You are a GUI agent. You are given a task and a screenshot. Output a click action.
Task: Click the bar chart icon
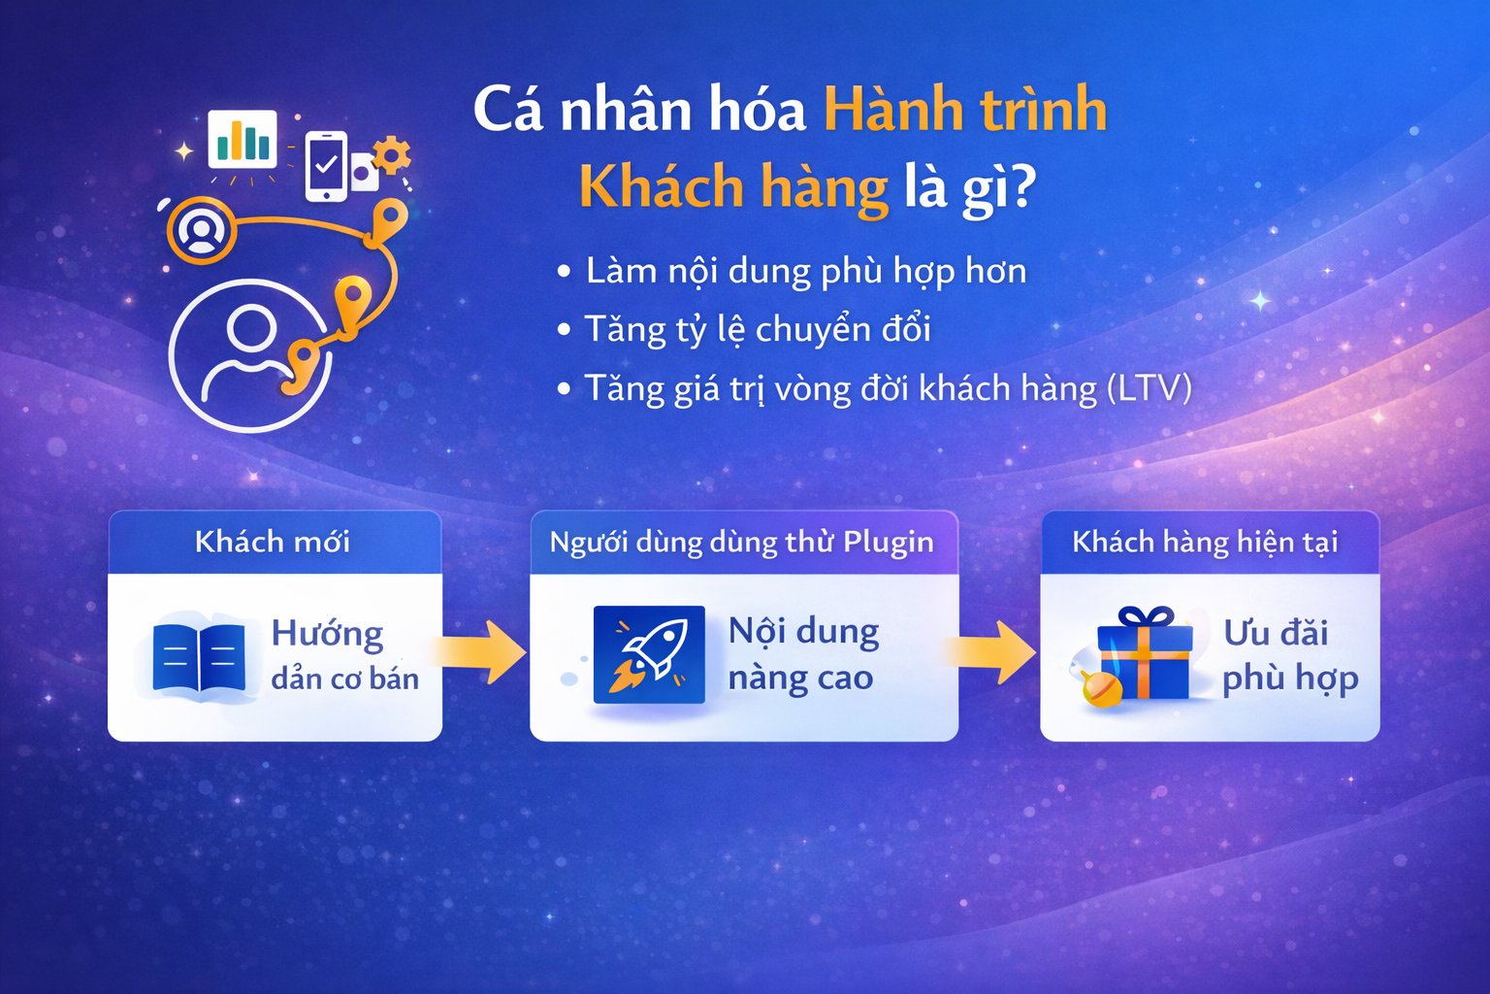pyautogui.click(x=243, y=140)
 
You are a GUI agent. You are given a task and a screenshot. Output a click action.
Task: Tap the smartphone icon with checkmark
pyautogui.click(x=327, y=166)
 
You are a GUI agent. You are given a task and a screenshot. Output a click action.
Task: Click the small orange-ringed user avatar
pyautogui.click(x=202, y=231)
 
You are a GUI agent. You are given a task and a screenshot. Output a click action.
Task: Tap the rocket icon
pyautogui.click(x=649, y=654)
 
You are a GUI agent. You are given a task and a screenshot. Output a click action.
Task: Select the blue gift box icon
pyautogui.click(x=1144, y=654)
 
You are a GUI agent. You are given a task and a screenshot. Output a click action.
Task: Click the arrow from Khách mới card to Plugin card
pyautogui.click(x=484, y=652)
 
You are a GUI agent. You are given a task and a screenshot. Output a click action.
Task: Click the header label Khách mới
pyautogui.click(x=273, y=542)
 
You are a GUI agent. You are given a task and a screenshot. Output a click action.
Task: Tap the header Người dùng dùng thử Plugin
pyautogui.click(x=742, y=542)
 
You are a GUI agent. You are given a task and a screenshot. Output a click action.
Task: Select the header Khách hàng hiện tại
pyautogui.click(x=1205, y=542)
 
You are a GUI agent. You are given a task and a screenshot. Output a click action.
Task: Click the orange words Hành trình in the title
pyautogui.click(x=965, y=109)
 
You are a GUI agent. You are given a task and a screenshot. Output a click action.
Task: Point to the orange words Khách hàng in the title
pyautogui.click(x=733, y=186)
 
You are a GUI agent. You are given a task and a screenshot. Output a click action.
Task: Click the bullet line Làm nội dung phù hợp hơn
pyautogui.click(x=805, y=271)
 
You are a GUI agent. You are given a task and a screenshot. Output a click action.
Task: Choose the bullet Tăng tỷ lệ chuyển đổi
pyautogui.click(x=757, y=330)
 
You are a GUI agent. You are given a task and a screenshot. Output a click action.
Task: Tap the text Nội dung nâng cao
pyautogui.click(x=803, y=654)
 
